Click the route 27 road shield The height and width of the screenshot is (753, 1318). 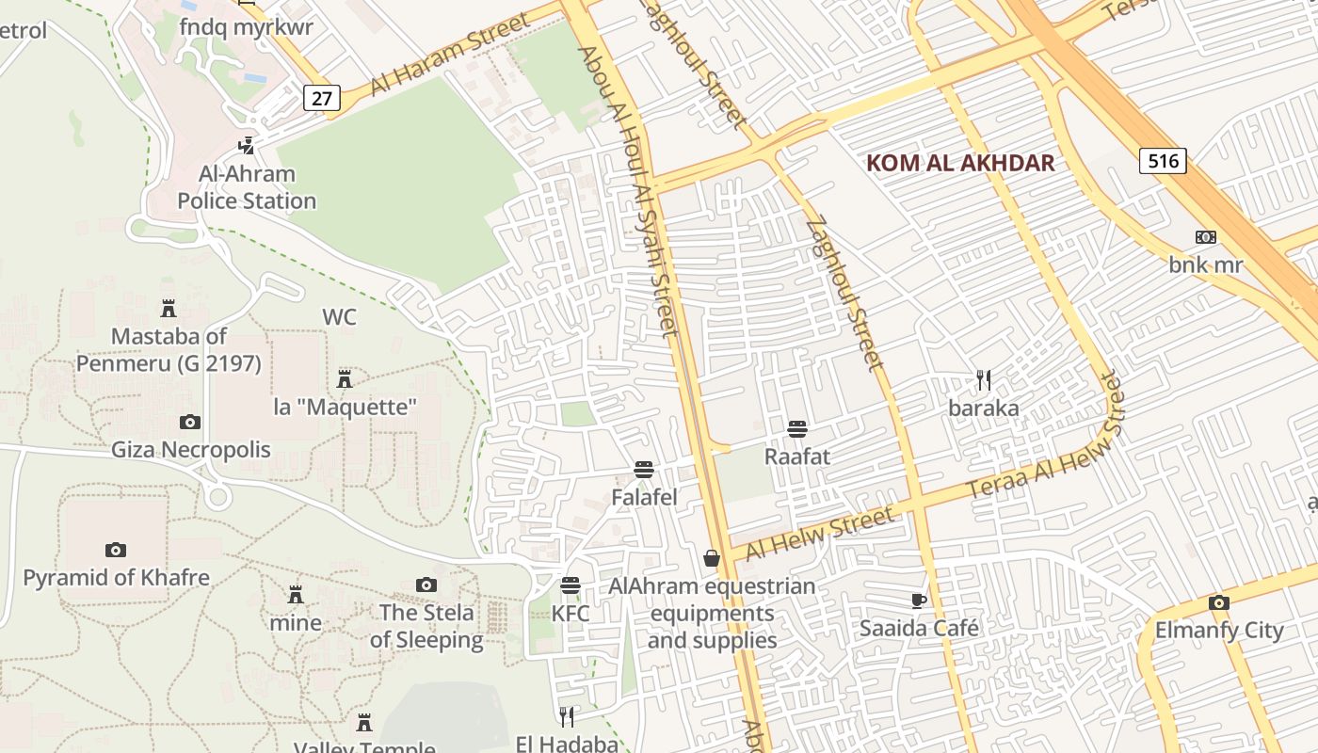322,98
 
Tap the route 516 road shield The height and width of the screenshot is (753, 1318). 1163,161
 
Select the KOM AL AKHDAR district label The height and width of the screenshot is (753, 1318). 960,163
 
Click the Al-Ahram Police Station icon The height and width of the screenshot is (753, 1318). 247,146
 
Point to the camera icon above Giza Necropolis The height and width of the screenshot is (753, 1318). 190,422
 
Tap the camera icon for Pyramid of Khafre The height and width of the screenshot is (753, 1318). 116,550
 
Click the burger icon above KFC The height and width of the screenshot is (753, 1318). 571,585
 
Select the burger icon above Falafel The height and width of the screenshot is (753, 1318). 644,469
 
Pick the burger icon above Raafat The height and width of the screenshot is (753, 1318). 797,429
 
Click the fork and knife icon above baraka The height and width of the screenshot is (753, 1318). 984,380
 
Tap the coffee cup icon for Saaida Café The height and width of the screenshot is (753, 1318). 919,601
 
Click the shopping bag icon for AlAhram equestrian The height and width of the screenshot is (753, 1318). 712,559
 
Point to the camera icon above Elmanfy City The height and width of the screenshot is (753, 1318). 1219,602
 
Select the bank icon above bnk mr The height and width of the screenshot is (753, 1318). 1206,237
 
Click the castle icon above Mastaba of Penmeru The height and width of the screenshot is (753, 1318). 169,308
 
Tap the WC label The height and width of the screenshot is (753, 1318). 339,317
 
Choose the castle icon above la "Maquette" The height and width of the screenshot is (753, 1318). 345,379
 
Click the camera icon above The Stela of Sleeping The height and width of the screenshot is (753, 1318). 426,585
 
